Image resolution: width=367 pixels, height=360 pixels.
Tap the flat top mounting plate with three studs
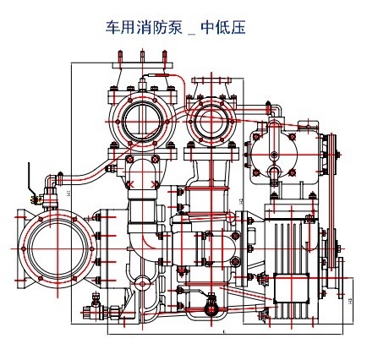[x=141, y=66]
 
